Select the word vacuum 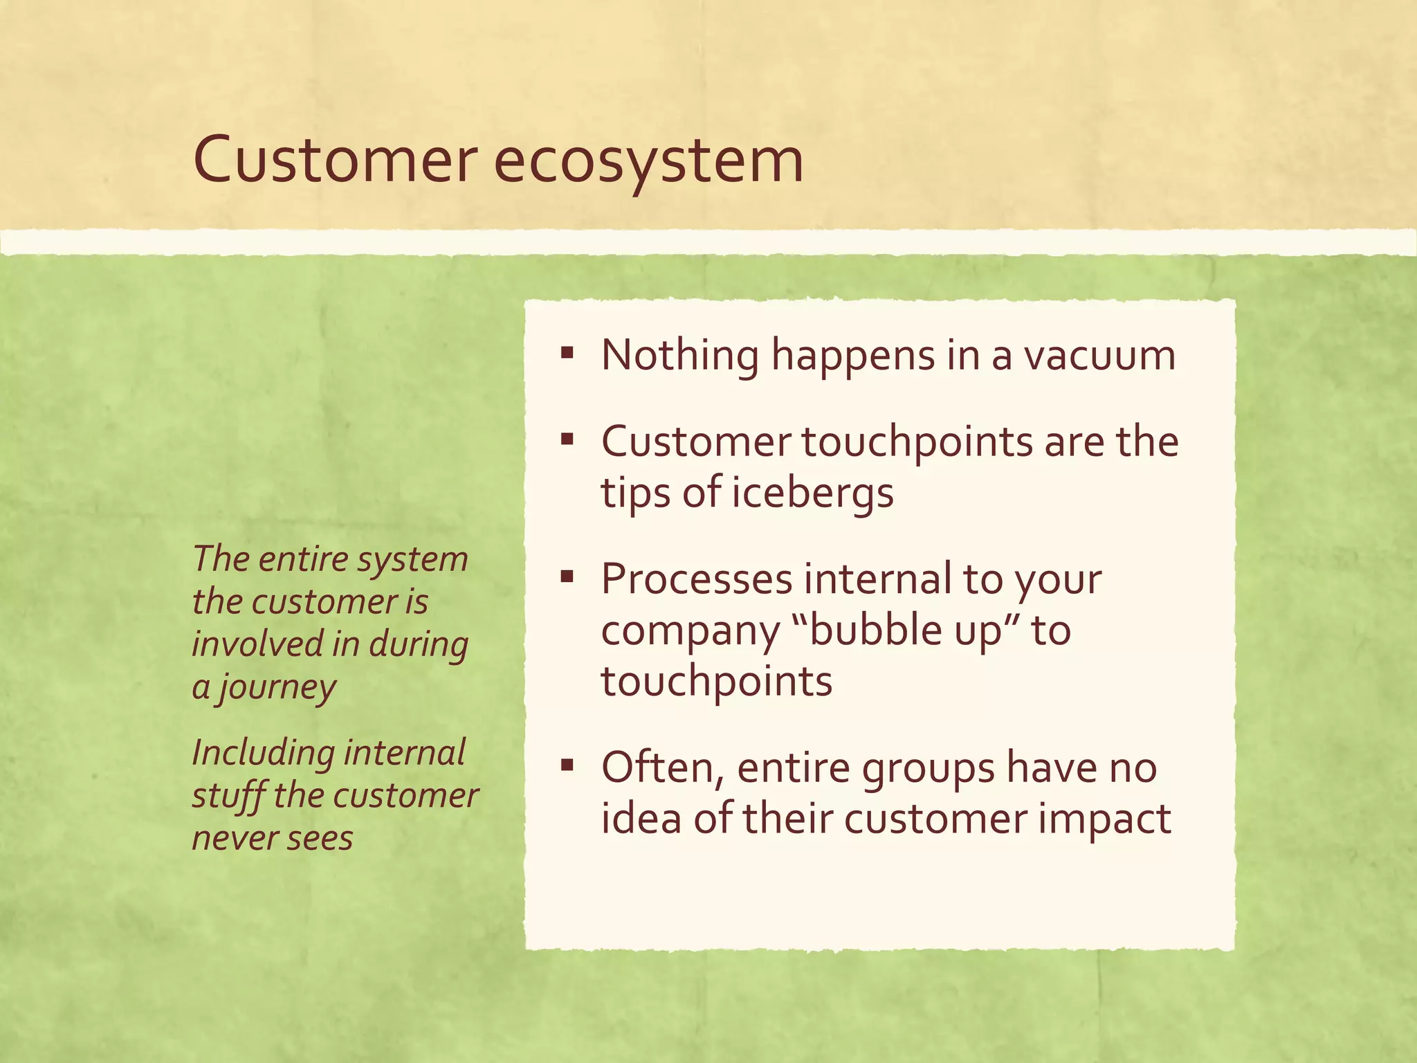pos(1099,356)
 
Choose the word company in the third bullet pos(690,632)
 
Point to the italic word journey pos(277,689)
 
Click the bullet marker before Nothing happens pos(567,354)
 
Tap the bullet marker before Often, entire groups pos(567,765)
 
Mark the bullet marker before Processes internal pos(567,576)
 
